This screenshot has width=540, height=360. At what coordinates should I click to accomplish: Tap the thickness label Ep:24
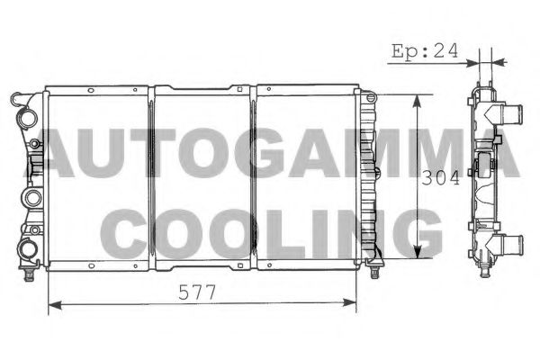(425, 51)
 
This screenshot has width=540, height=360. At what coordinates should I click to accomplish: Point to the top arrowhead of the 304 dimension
(417, 99)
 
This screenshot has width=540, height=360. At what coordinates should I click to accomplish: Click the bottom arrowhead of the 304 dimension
(417, 254)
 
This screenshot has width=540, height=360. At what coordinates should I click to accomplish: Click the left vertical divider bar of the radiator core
(151, 178)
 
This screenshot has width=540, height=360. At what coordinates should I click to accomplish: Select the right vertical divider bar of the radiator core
(254, 178)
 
